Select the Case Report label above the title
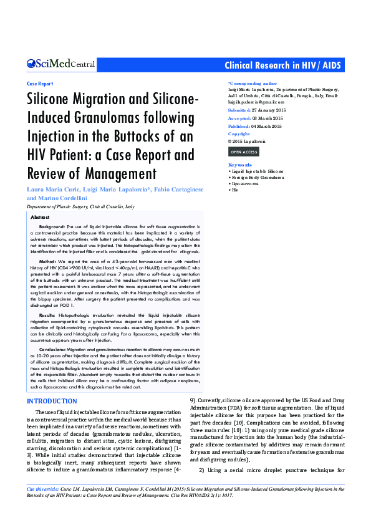(x=40, y=83)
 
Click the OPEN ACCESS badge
(x=243, y=152)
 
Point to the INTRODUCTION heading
(x=52, y=400)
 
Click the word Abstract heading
(x=41, y=216)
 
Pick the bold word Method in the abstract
(x=48, y=262)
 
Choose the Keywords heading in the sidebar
(x=240, y=165)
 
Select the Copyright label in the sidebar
(x=239, y=134)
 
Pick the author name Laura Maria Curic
(x=50, y=189)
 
